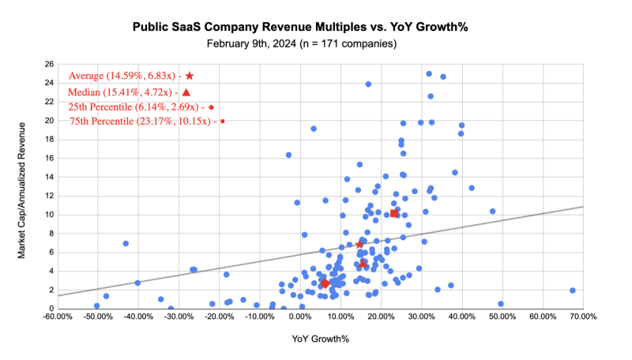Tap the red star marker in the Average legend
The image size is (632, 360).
point(190,76)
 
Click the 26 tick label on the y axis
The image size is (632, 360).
point(50,64)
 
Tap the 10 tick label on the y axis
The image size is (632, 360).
point(50,215)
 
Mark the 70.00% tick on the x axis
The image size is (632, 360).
point(583,317)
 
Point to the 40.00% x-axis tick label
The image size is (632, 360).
point(461,317)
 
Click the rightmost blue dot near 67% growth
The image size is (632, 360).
point(572,291)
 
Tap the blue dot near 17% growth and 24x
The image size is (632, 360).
point(368,84)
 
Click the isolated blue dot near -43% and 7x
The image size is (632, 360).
point(126,243)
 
